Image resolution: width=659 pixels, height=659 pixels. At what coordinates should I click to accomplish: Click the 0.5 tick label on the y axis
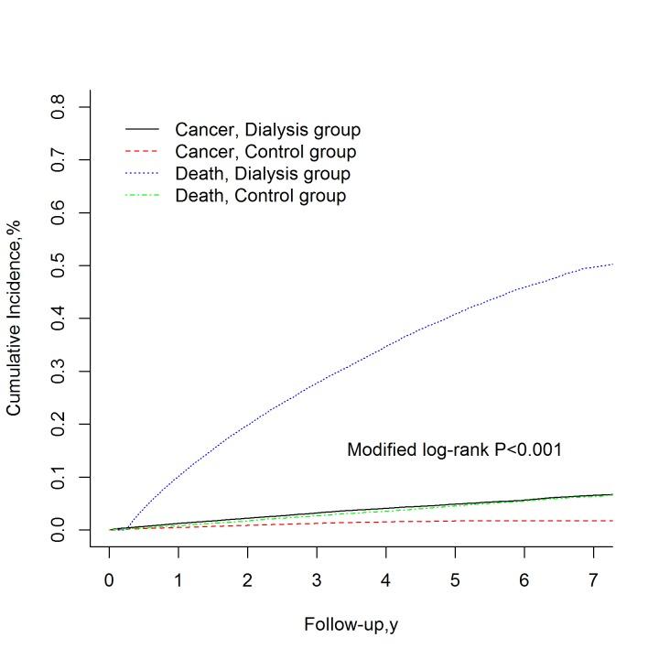[59, 265]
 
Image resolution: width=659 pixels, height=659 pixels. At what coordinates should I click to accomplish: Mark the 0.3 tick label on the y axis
[59, 372]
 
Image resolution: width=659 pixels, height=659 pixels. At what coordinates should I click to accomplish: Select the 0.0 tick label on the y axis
[59, 530]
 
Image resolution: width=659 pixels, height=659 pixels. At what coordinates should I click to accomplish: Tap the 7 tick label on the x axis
[593, 581]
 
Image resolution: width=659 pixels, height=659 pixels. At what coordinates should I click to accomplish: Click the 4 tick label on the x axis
[385, 581]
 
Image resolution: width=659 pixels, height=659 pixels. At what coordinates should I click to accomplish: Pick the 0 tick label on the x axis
[110, 581]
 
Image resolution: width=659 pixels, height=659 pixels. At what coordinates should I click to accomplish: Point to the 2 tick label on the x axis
[247, 581]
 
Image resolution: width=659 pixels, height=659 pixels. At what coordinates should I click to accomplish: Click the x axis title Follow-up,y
[351, 625]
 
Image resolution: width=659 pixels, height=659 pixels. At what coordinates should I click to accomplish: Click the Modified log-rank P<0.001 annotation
[454, 449]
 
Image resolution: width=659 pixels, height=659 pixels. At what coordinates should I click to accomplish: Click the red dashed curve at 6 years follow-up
[524, 521]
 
